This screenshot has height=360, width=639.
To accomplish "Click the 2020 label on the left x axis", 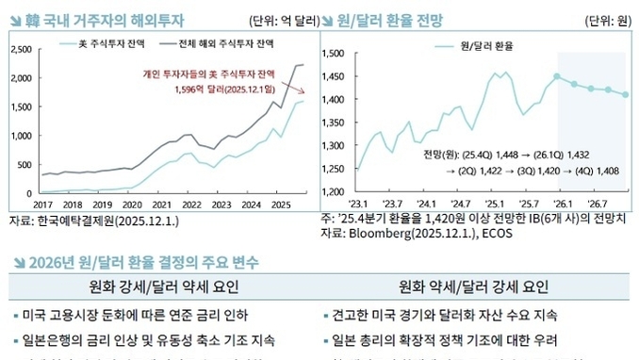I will coord(132,204).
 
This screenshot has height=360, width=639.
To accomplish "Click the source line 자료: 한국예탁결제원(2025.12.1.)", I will coord(89,220).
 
